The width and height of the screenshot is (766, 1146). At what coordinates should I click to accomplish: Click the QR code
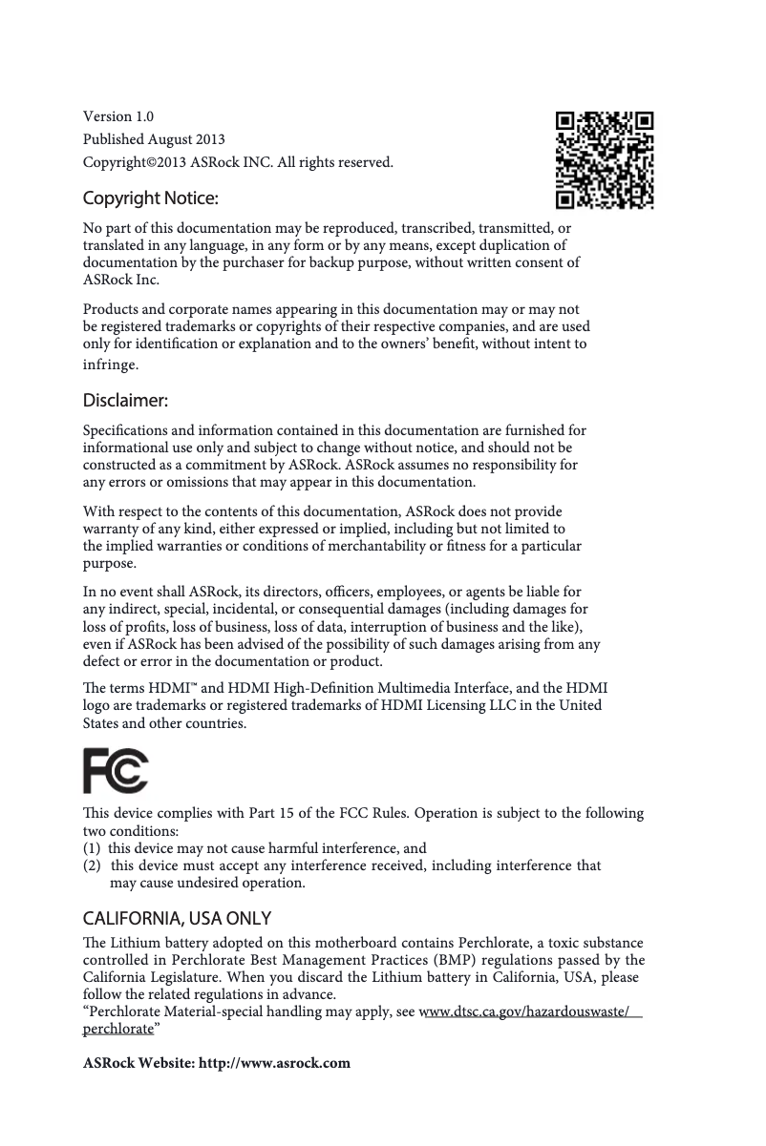[x=606, y=160]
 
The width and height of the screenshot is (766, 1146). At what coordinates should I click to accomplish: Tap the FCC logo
[x=116, y=771]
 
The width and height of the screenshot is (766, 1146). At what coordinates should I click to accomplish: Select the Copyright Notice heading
[x=151, y=198]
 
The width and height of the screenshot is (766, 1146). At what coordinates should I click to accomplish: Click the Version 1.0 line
[x=118, y=116]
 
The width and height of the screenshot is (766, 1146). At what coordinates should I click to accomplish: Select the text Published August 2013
[x=154, y=139]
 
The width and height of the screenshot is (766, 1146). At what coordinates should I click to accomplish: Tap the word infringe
[x=110, y=365]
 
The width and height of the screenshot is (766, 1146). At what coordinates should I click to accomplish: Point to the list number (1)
[x=93, y=847]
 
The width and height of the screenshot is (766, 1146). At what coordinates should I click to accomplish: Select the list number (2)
[x=93, y=865]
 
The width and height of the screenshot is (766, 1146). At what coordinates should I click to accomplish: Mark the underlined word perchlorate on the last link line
[x=117, y=1030]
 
